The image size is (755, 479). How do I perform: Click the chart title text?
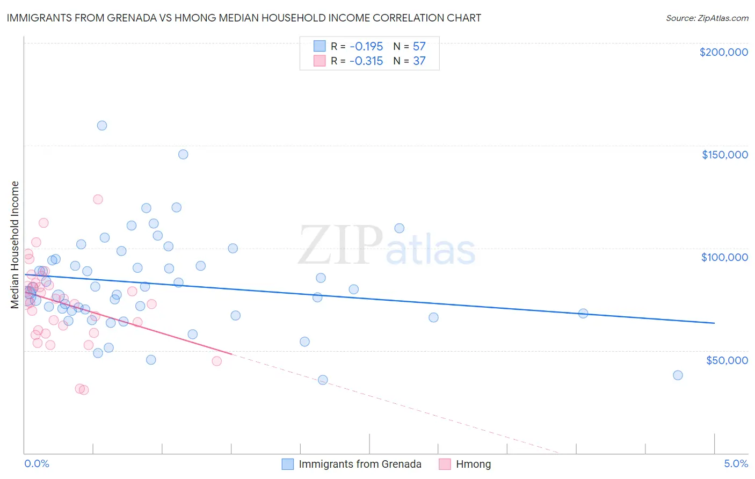(x=244, y=18)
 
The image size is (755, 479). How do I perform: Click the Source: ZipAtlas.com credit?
(x=707, y=18)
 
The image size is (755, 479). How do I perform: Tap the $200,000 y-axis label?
(x=723, y=52)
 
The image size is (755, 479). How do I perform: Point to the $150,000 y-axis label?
(x=724, y=155)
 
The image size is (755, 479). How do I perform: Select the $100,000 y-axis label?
(x=724, y=257)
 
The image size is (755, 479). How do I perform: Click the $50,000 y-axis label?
(x=727, y=360)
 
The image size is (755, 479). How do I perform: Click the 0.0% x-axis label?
(x=37, y=463)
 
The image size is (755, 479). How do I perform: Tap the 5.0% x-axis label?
(x=736, y=463)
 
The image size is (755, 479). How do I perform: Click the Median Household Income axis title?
(x=14, y=245)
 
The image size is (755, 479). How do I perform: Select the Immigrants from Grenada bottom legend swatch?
(x=288, y=464)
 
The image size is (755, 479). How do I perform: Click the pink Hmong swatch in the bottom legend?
(x=445, y=464)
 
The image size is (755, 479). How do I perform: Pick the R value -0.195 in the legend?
(x=366, y=46)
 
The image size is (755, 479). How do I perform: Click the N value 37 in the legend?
(x=419, y=61)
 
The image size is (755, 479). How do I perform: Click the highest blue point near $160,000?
(x=102, y=126)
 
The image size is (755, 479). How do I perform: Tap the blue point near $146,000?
(x=183, y=154)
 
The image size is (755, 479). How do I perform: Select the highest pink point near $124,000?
(x=98, y=199)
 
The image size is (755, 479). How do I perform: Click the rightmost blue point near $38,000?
(x=678, y=375)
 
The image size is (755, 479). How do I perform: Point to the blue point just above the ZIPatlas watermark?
(x=400, y=228)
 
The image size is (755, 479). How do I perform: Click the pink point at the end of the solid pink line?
(x=217, y=361)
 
